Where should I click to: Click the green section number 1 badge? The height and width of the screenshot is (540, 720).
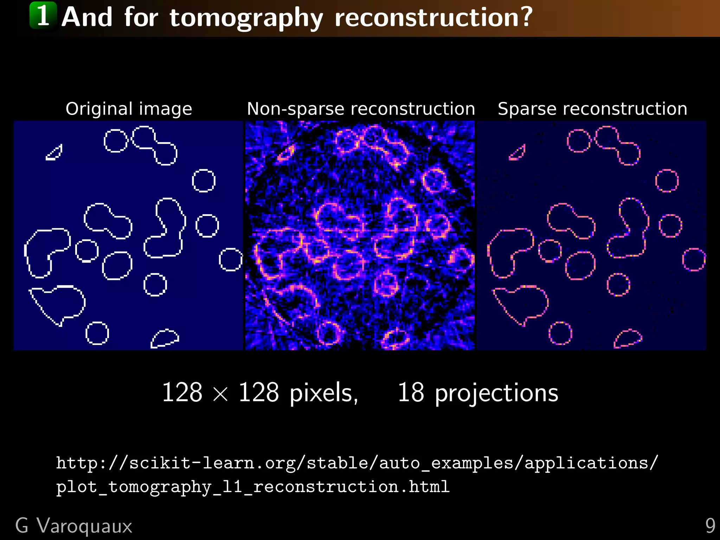tap(43, 15)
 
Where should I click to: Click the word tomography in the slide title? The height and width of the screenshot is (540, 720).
tap(246, 18)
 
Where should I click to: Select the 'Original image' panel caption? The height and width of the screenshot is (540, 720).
tap(129, 109)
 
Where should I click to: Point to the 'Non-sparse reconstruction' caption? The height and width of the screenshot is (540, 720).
tap(361, 109)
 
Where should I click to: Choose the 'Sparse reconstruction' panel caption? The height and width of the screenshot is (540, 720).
tap(592, 109)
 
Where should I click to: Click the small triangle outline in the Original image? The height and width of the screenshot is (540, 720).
tap(55, 153)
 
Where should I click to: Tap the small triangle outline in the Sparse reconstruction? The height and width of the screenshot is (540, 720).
tap(518, 153)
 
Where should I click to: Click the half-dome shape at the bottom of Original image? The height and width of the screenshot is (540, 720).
tap(165, 339)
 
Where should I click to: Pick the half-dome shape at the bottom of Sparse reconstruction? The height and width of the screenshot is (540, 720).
tap(628, 339)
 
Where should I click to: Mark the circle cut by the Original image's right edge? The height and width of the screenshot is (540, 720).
tap(231, 259)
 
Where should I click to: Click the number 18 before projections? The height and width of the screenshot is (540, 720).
tap(411, 392)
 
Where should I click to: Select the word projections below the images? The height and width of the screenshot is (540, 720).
tap(496, 393)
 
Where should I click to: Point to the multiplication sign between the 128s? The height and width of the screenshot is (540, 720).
tap(220, 394)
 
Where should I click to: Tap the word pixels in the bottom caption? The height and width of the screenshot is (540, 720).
tap(323, 393)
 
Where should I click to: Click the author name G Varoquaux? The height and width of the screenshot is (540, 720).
tap(74, 526)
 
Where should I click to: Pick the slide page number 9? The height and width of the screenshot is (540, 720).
tap(710, 526)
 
